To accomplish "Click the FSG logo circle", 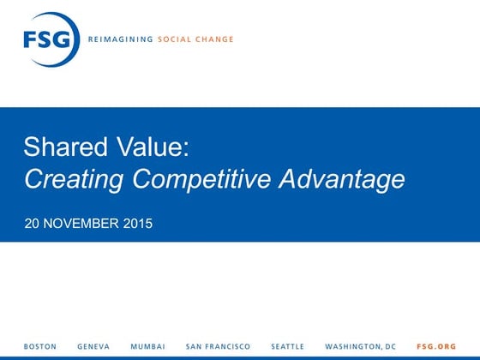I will [51, 39].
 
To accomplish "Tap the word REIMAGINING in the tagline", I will [120, 39].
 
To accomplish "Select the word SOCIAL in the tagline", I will [174, 39].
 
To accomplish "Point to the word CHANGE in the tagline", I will [213, 39].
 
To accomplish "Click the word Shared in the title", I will [59, 147].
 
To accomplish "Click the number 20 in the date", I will [32, 225].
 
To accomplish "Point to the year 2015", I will [138, 225].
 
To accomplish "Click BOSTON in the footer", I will [40, 346].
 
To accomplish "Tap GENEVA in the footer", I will [93, 346].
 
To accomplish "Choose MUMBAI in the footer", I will [147, 346].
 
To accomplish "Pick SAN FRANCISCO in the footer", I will [218, 346].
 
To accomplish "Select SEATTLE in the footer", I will [287, 346].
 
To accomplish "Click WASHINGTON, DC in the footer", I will [361, 346].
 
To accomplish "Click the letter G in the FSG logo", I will [63, 39].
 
